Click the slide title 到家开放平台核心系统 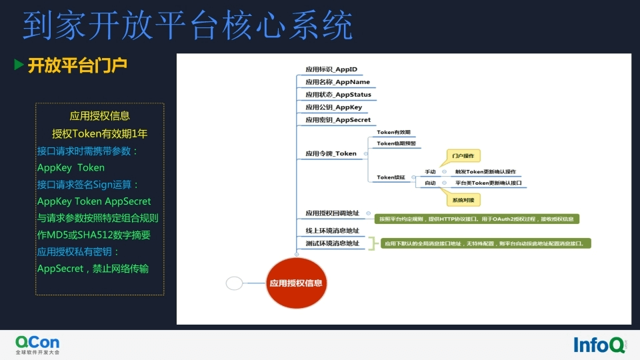(x=187, y=27)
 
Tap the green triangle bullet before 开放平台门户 (x=19, y=65)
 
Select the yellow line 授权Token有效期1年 (x=100, y=133)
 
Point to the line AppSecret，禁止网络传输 (x=93, y=269)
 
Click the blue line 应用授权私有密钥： (x=79, y=251)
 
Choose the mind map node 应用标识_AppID (x=331, y=69)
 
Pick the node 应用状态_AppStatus (x=338, y=95)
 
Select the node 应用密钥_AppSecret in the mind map (x=338, y=120)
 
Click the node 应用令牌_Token (x=331, y=153)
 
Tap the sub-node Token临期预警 (x=396, y=143)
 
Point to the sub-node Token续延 (x=391, y=177)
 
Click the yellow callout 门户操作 (x=463, y=156)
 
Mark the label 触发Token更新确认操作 (x=485, y=171)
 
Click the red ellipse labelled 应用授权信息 (x=296, y=283)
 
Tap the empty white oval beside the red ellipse (x=234, y=283)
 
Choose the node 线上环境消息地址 (x=332, y=231)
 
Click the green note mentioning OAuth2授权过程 (x=477, y=219)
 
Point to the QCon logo (x=37, y=344)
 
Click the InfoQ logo (x=599, y=344)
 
